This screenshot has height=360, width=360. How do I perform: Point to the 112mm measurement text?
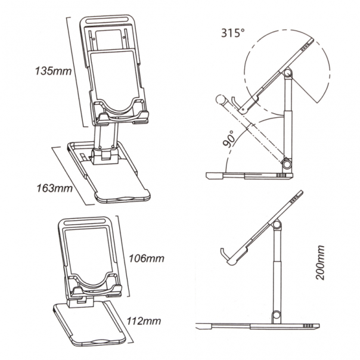point(145,321)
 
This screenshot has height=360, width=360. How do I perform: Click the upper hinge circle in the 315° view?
point(288,73)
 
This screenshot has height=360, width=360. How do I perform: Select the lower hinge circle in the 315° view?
point(287,163)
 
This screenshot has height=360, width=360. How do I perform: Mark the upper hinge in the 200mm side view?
point(277,224)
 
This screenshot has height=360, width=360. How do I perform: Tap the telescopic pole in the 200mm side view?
point(277,268)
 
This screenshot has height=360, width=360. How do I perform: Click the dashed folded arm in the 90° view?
point(256,134)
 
